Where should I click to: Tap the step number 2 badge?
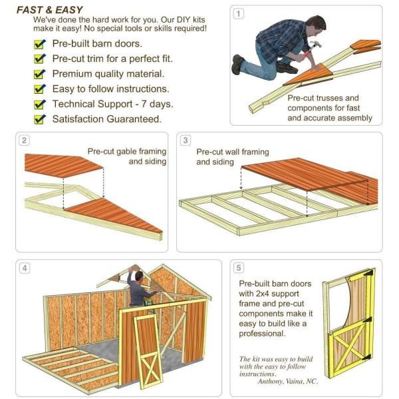pyautogui.click(x=24, y=140)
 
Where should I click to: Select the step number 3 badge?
pyautogui.click(x=186, y=140)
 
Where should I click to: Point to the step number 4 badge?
pyautogui.click(x=25, y=268)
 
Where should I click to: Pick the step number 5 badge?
pyautogui.click(x=239, y=268)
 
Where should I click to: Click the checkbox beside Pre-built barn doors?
pyautogui.click(x=39, y=44)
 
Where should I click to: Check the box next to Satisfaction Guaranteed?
pyautogui.click(x=39, y=120)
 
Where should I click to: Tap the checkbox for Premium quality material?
pyautogui.click(x=39, y=74)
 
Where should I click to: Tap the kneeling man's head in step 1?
pyautogui.click(x=318, y=25)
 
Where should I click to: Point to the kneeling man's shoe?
pyautogui.click(x=237, y=65)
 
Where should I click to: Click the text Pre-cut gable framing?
pyautogui.click(x=127, y=151)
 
